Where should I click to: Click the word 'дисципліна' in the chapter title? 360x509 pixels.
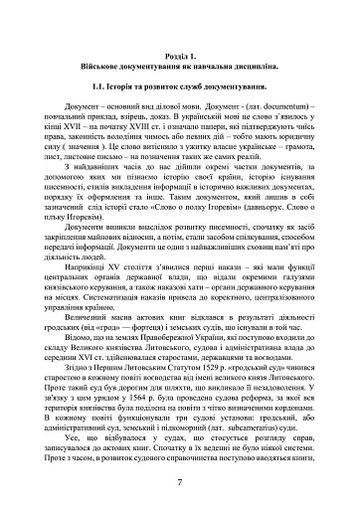pos(268,71)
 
